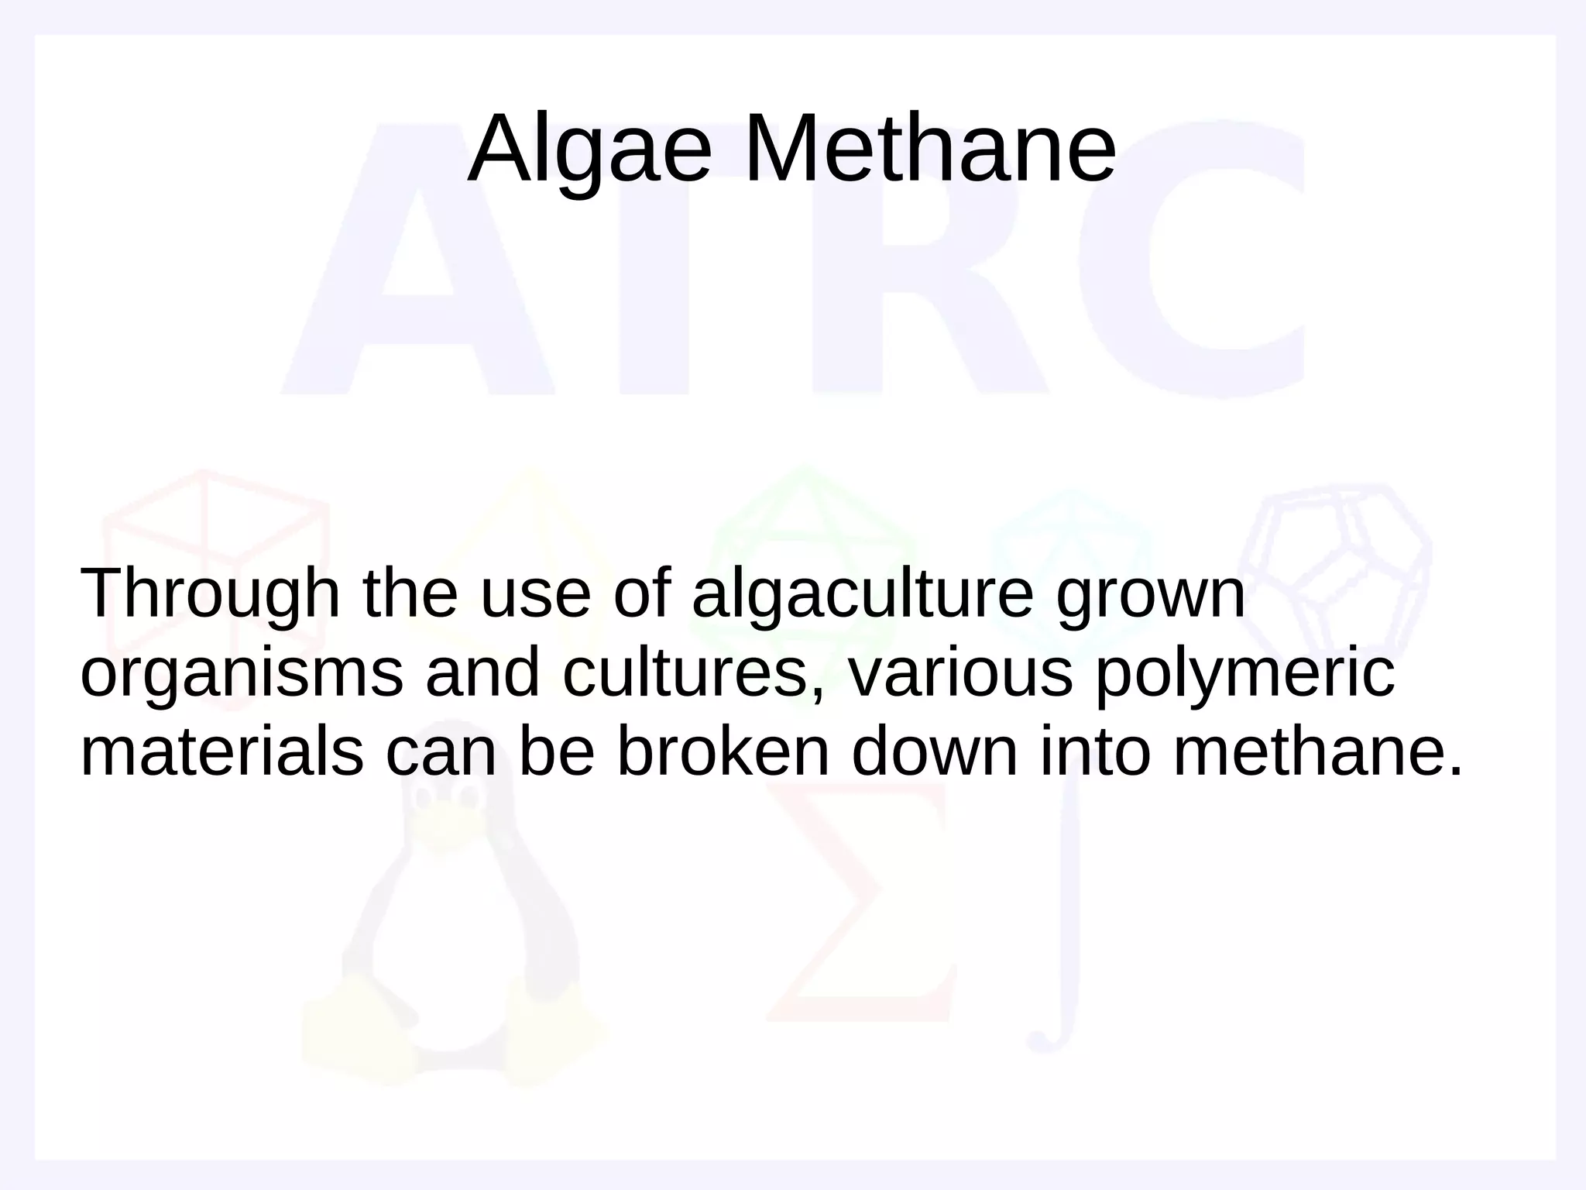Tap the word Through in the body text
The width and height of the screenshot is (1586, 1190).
click(210, 595)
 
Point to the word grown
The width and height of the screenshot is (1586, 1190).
click(1151, 595)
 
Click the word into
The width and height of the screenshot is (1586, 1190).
click(1095, 752)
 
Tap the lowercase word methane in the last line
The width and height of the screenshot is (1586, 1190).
click(1317, 752)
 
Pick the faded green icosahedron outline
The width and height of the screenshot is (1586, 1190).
click(805, 542)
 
